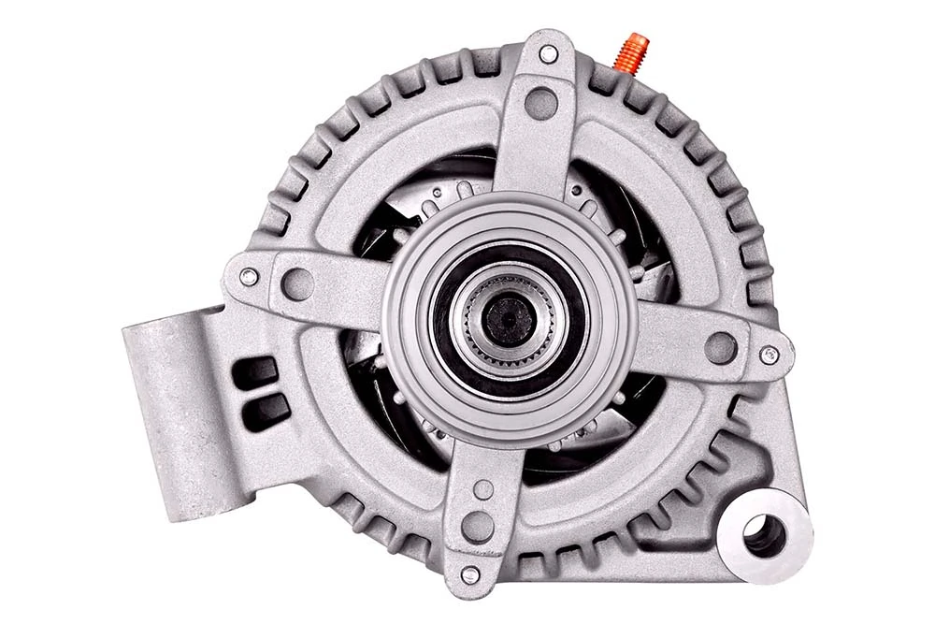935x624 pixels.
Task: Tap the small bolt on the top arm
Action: [549, 54]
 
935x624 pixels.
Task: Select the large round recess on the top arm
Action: [541, 103]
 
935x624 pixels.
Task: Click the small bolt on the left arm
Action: [249, 277]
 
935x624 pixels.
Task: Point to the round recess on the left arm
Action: [297, 283]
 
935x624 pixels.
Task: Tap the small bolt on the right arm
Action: [769, 355]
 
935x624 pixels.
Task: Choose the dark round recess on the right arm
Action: [720, 347]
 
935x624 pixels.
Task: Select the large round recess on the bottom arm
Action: [478, 526]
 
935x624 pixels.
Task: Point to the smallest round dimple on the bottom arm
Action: [482, 489]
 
